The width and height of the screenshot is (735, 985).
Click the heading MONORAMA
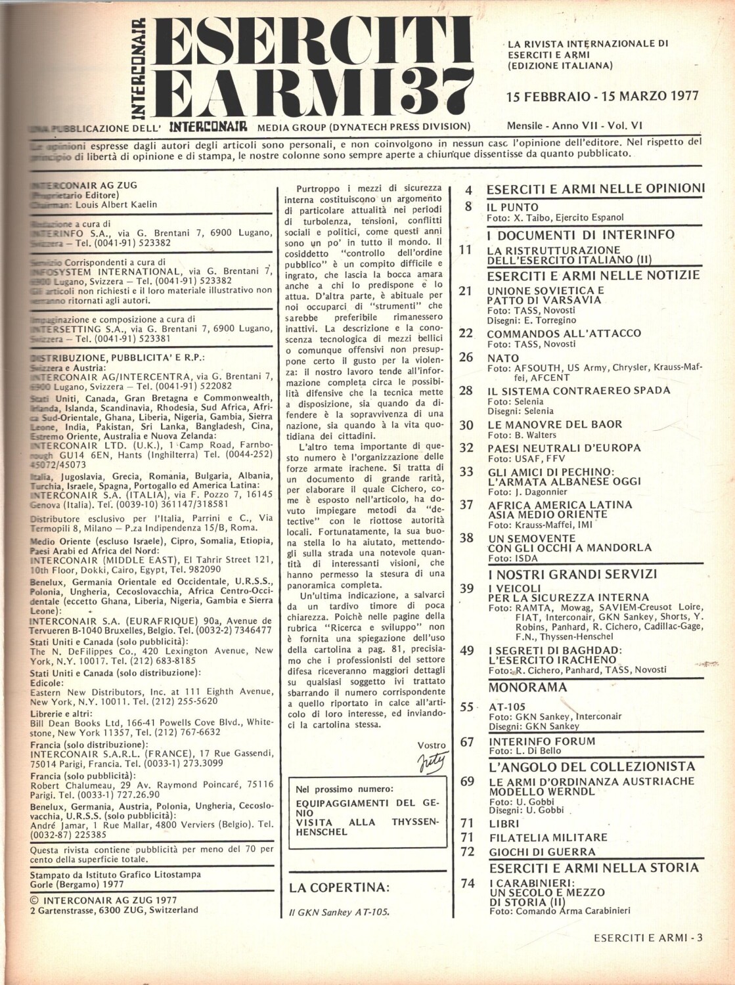(527, 688)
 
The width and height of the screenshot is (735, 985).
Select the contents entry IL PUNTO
(512, 207)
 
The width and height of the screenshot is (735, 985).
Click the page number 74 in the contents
(468, 884)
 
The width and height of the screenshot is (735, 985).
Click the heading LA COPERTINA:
(339, 888)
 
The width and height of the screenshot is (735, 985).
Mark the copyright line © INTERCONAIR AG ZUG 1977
(104, 900)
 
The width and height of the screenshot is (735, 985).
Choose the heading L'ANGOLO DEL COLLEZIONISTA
(591, 766)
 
